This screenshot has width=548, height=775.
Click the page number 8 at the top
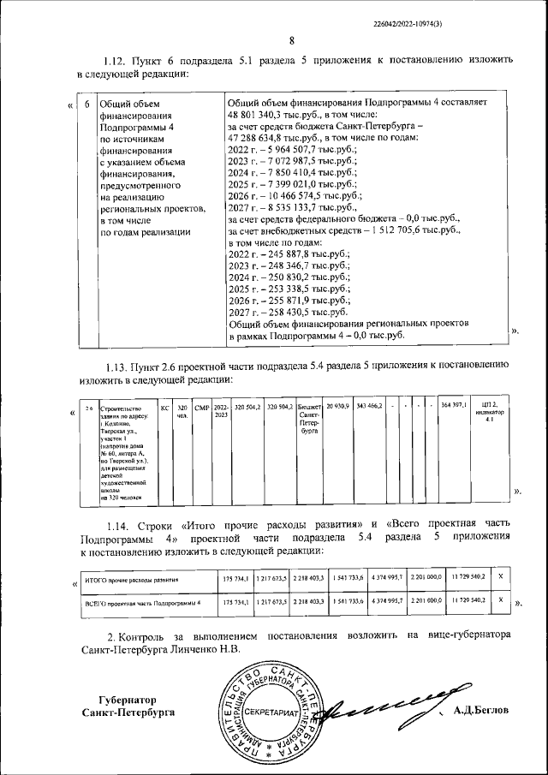(x=291, y=40)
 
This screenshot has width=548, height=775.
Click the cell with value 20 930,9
(x=339, y=405)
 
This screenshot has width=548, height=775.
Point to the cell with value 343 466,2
(x=369, y=405)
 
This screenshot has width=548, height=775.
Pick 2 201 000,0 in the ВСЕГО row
(x=426, y=602)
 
